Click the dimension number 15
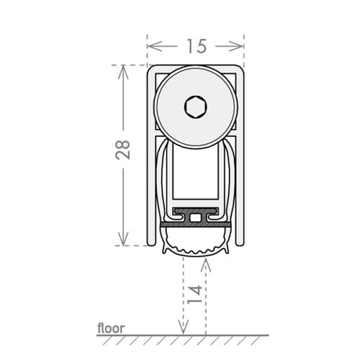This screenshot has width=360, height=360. (x=197, y=46)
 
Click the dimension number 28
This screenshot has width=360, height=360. (x=123, y=150)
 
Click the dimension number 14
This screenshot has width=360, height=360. (x=194, y=294)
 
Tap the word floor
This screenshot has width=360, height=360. (x=111, y=328)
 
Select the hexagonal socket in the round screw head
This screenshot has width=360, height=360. (x=196, y=107)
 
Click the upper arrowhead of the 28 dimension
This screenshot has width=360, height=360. (x=123, y=72)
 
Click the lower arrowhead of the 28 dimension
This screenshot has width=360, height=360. (x=123, y=238)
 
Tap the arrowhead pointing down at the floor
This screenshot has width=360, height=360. (x=184, y=327)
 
